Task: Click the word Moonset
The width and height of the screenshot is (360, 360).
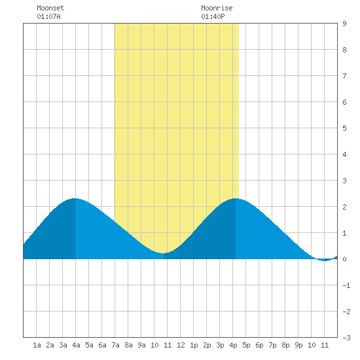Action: pyautogui.click(x=50, y=8)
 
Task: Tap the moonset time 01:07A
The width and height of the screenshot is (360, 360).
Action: pyautogui.click(x=48, y=16)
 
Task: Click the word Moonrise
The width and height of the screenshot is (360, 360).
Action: pyautogui.click(x=217, y=8)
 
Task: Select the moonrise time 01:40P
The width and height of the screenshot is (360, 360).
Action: pyautogui.click(x=213, y=16)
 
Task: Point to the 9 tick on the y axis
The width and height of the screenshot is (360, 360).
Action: pyautogui.click(x=344, y=24)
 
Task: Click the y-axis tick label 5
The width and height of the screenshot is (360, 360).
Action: pyautogui.click(x=344, y=128)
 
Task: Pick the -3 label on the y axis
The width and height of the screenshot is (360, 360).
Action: pyautogui.click(x=346, y=338)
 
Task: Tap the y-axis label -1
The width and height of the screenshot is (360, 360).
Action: pyautogui.click(x=346, y=285)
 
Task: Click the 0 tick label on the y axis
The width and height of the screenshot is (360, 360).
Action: pyautogui.click(x=344, y=259)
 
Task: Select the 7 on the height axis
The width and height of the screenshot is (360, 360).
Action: pyautogui.click(x=344, y=76)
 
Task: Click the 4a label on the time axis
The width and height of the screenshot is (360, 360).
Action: pyautogui.click(x=76, y=345)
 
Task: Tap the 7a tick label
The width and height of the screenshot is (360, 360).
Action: pyautogui.click(x=115, y=345)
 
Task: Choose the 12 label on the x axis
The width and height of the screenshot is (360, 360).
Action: pyautogui.click(x=181, y=345)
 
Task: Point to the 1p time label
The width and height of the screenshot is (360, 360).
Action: pyautogui.click(x=194, y=345)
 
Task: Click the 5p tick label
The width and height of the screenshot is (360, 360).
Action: pyautogui.click(x=246, y=345)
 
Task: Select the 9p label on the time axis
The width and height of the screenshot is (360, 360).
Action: pyautogui.click(x=298, y=345)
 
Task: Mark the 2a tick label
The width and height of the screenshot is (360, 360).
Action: pyautogui.click(x=50, y=345)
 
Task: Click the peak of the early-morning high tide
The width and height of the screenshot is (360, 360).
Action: pyautogui.click(x=75, y=198)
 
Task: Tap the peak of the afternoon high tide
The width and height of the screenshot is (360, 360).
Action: pyautogui.click(x=236, y=198)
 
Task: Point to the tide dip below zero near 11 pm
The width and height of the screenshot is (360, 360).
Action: pyautogui.click(x=324, y=260)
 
